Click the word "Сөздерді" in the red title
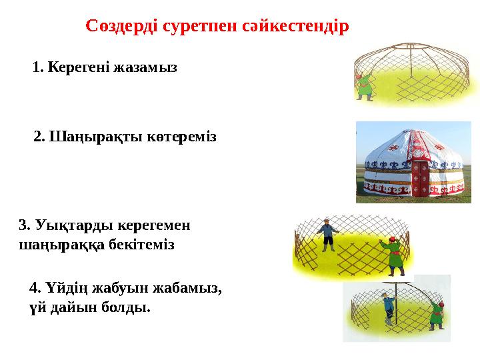tap(119, 27)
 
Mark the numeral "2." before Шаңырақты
tap(39, 137)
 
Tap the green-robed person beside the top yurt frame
tap(364, 87)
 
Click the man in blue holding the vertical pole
tap(389, 309)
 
